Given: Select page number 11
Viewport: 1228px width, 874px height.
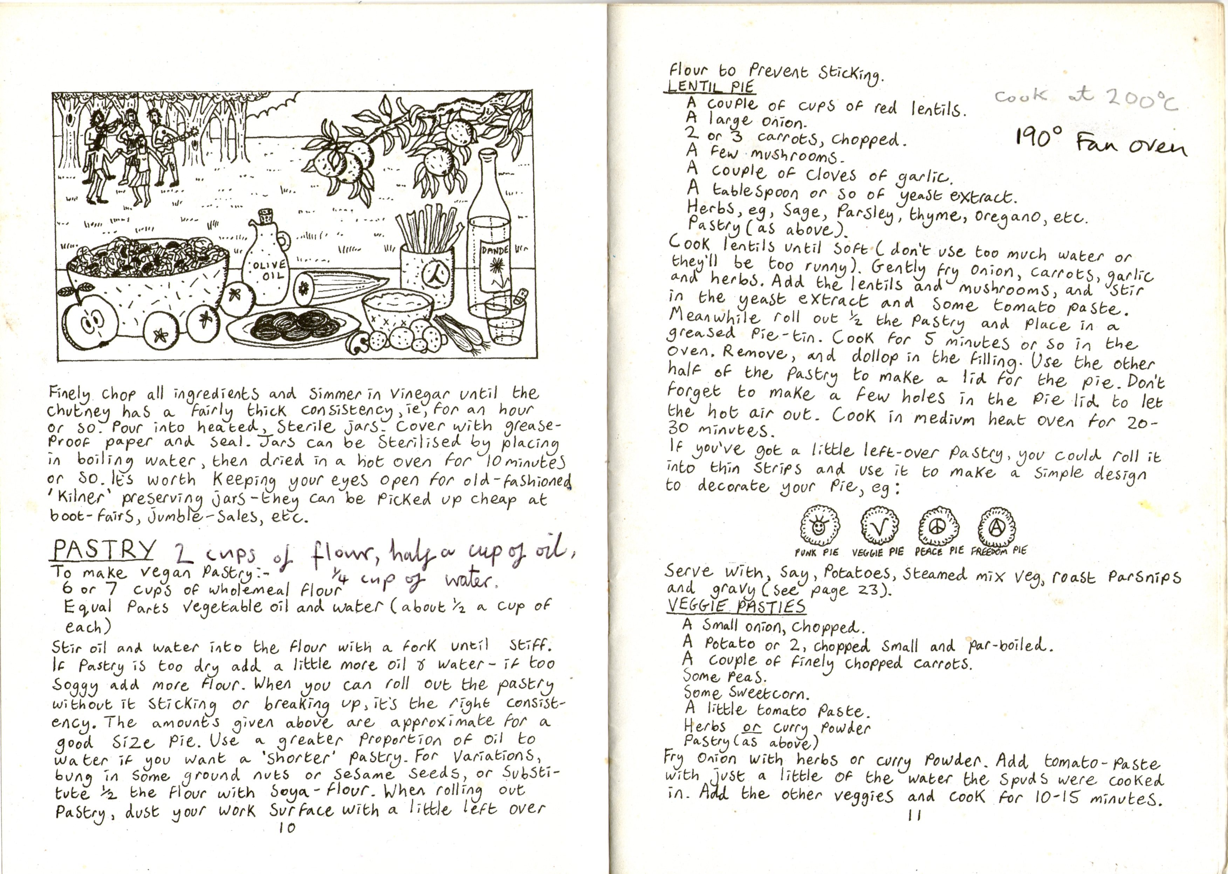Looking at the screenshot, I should click(914, 815).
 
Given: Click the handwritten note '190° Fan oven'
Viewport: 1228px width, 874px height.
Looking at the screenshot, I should click(1100, 142).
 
